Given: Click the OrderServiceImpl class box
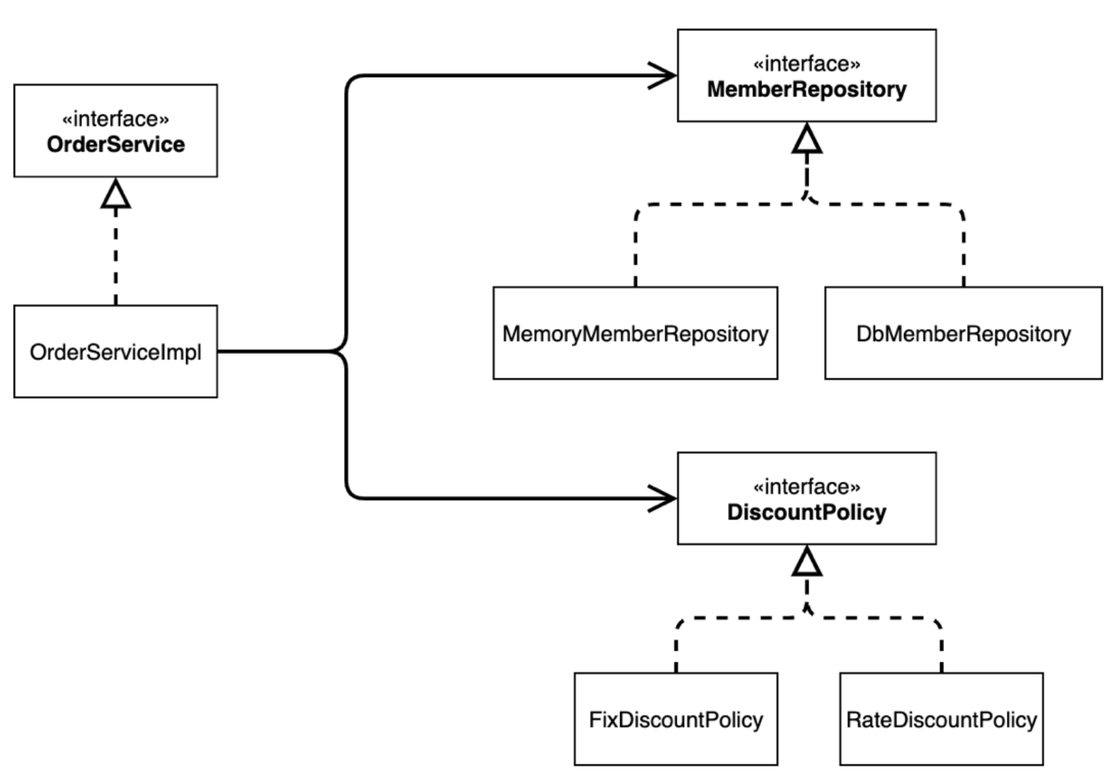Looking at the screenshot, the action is (x=115, y=351).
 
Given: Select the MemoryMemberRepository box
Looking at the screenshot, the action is (x=635, y=333).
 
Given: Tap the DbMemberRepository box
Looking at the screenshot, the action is (x=964, y=333).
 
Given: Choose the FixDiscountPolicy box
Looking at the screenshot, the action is (x=676, y=719).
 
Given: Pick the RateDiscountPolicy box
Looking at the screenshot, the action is (x=942, y=719).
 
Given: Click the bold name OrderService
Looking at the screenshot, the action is (x=116, y=144).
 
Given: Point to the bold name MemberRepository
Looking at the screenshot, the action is (x=807, y=90).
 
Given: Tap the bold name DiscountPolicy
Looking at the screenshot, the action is (x=807, y=512).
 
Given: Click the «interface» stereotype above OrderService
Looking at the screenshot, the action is (x=115, y=119).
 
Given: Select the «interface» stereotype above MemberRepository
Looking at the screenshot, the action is (x=807, y=64).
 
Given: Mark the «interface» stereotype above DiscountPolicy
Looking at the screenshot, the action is (x=807, y=487).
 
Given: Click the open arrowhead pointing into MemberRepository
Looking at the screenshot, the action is (x=662, y=76).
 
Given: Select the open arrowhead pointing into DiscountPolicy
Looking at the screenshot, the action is (x=662, y=499).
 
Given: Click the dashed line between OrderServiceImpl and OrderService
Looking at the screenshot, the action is (x=116, y=256).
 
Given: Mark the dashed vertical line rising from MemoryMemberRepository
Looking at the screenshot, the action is (x=635, y=250).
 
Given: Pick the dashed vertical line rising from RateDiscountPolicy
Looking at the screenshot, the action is (x=942, y=650).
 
